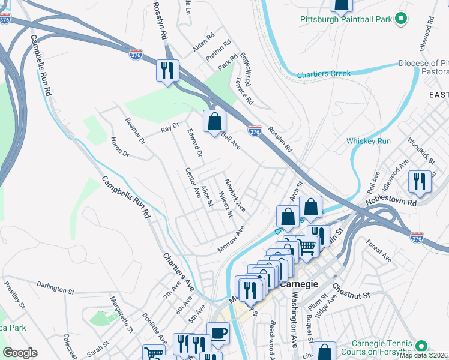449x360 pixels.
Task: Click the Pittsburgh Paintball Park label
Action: point(346,20)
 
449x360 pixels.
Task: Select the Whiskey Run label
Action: point(369,141)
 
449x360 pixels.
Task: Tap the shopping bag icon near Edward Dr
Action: point(214,122)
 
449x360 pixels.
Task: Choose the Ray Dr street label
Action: point(170,130)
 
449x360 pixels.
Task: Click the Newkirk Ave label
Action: point(235,194)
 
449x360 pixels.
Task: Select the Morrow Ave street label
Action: point(232,239)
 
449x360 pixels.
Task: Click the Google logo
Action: point(20,353)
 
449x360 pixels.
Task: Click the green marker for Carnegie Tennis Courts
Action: point(421,347)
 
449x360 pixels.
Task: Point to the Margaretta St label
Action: point(120,312)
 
